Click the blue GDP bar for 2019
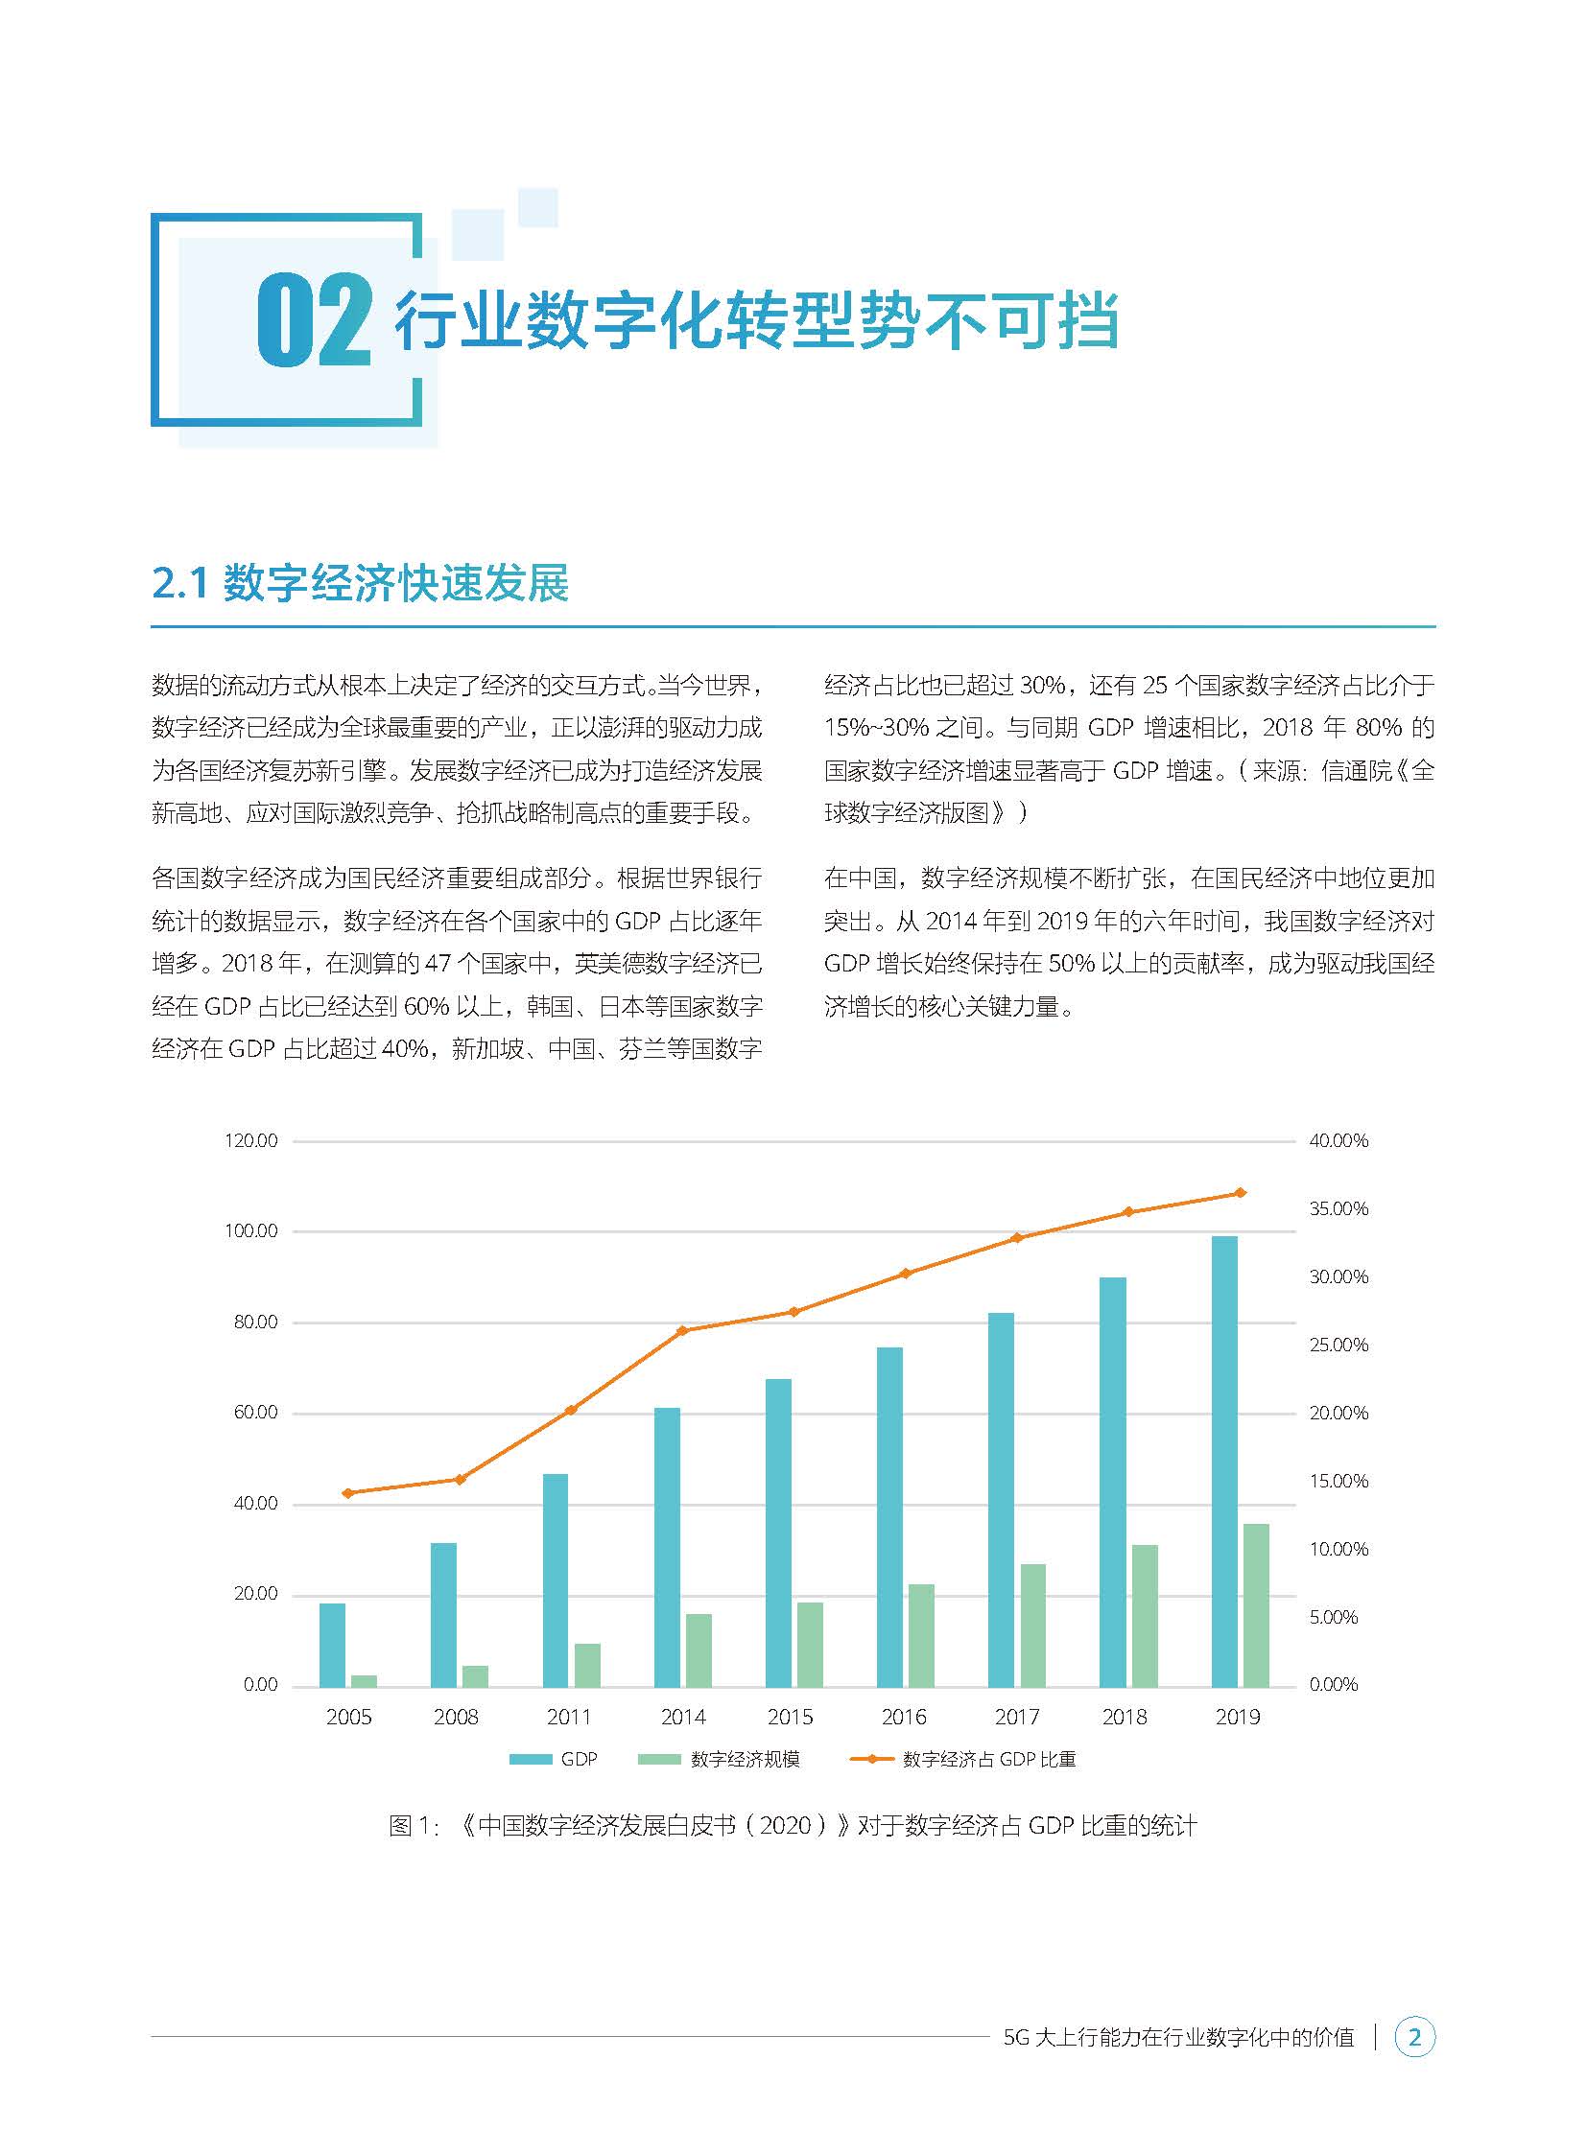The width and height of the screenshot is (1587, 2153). tap(1224, 1461)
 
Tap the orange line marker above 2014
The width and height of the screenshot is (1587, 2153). tap(682, 1331)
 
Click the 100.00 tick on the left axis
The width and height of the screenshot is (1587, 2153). tap(250, 1231)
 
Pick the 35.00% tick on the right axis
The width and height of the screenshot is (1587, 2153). tap(1338, 1209)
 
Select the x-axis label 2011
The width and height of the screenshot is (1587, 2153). tap(569, 1717)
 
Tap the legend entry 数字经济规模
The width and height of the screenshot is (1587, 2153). tap(720, 1759)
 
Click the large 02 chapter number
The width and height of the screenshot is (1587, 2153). tap(313, 320)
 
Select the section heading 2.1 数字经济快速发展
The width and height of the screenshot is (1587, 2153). tap(360, 583)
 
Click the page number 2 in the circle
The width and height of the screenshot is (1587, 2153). tap(1414, 2037)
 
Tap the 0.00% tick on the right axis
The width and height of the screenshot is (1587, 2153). tap(1334, 1684)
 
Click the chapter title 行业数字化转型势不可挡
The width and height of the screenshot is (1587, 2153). tap(756, 320)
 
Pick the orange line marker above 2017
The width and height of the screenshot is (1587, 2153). tap(1016, 1238)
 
